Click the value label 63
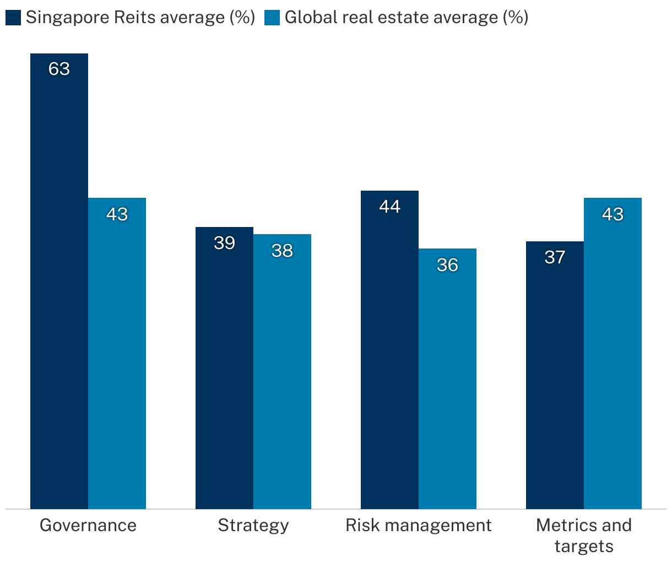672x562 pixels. click(x=59, y=69)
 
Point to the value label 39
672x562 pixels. click(x=224, y=243)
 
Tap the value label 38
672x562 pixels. click(x=282, y=251)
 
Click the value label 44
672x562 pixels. click(x=389, y=207)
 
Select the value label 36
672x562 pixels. click(x=447, y=265)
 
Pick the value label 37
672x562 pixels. click(x=555, y=257)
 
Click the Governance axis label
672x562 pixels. click(x=88, y=525)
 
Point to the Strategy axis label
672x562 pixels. click(x=253, y=525)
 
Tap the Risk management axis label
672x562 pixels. click(x=419, y=525)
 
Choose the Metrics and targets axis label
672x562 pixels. click(x=584, y=535)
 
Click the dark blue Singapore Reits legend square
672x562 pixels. click(x=13, y=18)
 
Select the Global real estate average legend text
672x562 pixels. click(x=407, y=18)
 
